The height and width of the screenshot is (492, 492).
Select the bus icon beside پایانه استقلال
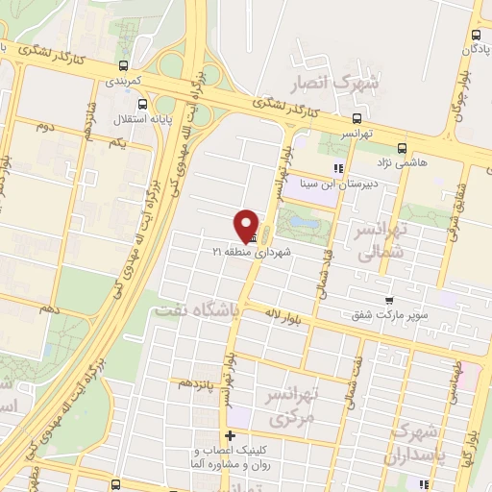click(142, 106)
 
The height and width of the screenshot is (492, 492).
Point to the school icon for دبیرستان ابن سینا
click(337, 169)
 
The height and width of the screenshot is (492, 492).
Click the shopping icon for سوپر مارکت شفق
click(388, 301)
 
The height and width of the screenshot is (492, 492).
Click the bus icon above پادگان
click(474, 29)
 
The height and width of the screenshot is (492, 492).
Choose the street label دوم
click(43, 126)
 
